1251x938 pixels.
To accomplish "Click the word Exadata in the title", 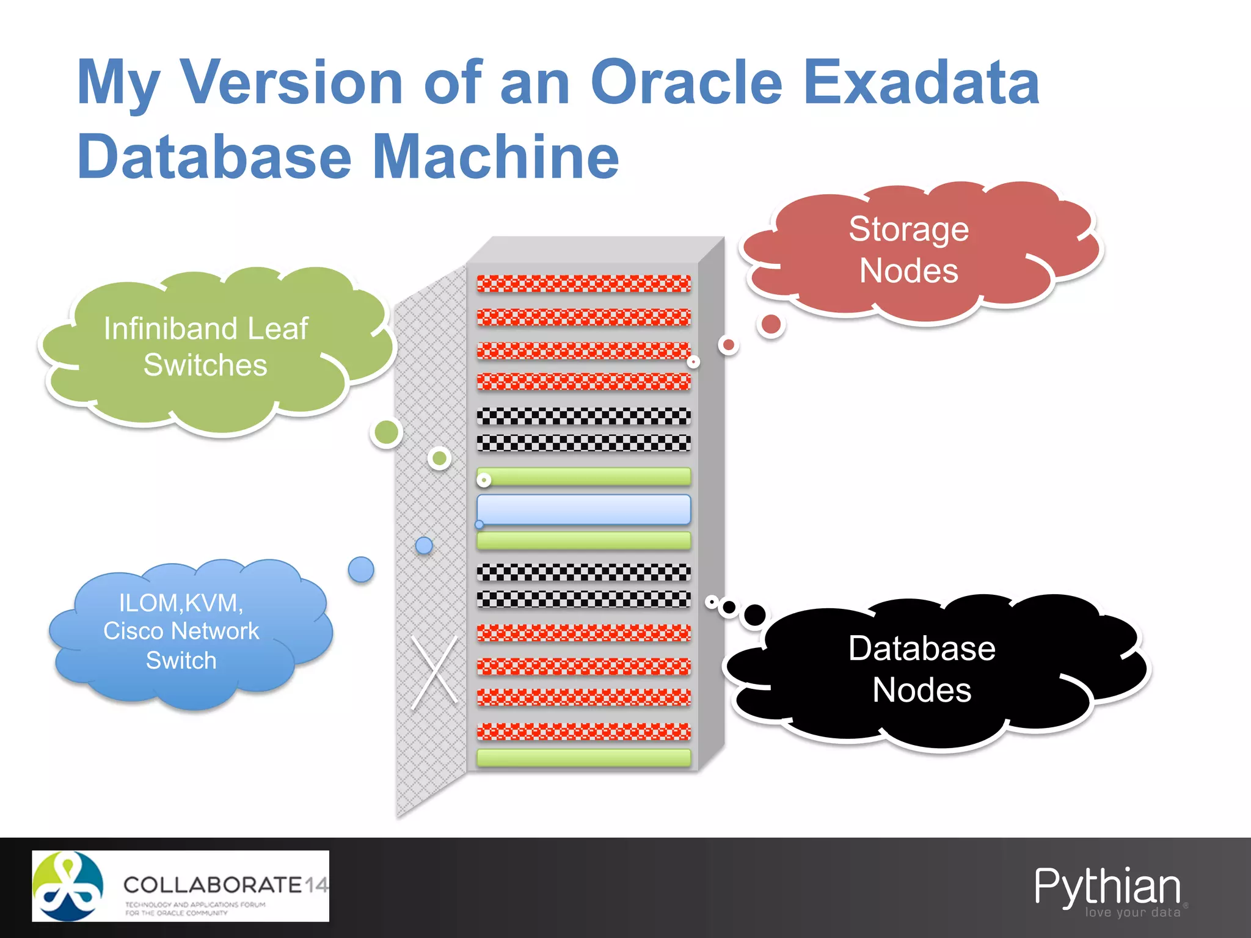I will pos(921,82).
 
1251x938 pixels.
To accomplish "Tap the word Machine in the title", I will pos(495,157).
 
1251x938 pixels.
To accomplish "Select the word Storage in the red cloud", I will pos(908,230).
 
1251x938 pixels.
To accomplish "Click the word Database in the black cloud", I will pos(922,649).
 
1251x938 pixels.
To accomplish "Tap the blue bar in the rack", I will pos(583,509).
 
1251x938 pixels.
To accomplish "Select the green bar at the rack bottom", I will pos(583,758).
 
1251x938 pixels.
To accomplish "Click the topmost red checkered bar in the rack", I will pos(583,284).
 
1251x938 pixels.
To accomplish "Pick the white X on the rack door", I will pos(434,672).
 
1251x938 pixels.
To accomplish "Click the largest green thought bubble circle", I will pos(386,433).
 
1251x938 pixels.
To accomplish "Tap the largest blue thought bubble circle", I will pos(361,570).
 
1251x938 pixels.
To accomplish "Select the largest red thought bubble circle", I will pos(771,324).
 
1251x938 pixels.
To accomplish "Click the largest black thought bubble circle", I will pos(755,615).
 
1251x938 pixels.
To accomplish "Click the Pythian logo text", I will pos(1107,886).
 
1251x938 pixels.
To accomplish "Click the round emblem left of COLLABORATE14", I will pos(68,886).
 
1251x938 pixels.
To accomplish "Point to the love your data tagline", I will pos(1132,912).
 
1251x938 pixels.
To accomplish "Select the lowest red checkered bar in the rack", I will pos(583,731).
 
